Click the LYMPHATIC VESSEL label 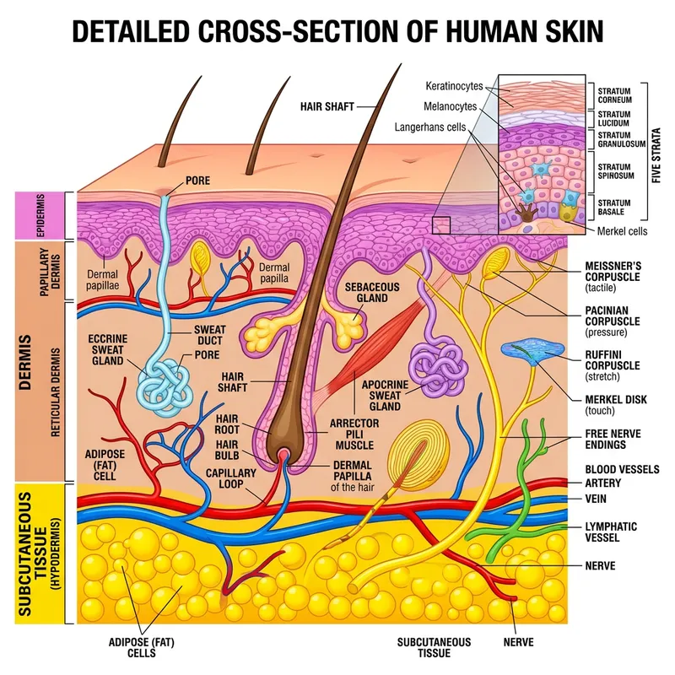tap(611, 532)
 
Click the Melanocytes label tap(451, 106)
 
